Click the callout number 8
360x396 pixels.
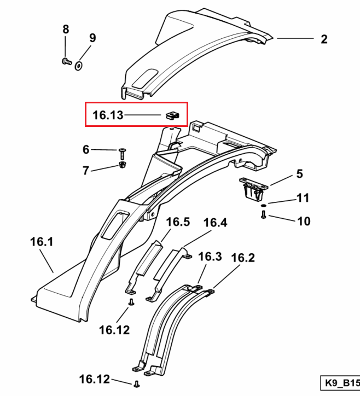[x=66, y=30]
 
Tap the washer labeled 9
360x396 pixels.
[x=79, y=66]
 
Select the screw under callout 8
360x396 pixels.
[x=67, y=61]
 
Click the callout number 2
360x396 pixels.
[x=324, y=39]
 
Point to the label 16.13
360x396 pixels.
[x=108, y=115]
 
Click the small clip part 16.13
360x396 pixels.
[x=172, y=115]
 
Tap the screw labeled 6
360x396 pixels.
[x=123, y=154]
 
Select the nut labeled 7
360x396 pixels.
[x=123, y=165]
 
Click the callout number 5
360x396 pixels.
[x=299, y=174]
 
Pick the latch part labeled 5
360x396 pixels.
[x=253, y=188]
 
